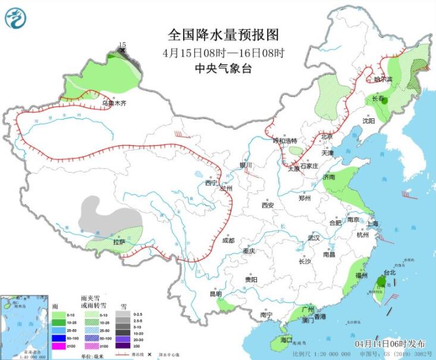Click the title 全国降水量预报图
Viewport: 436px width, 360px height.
(215, 35)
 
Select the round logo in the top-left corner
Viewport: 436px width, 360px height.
(16, 17)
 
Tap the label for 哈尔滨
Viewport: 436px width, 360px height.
(383, 79)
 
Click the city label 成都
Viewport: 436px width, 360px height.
(228, 240)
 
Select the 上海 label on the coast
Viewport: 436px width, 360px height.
(373, 224)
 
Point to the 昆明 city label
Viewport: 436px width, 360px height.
(215, 294)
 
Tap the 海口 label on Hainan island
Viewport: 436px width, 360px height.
(286, 340)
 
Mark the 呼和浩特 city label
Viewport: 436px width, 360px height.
(284, 141)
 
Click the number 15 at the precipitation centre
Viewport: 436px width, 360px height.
(123, 45)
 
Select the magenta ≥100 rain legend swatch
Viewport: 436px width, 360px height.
(59, 346)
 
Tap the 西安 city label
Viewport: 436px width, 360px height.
(267, 205)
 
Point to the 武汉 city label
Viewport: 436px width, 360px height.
(313, 237)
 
